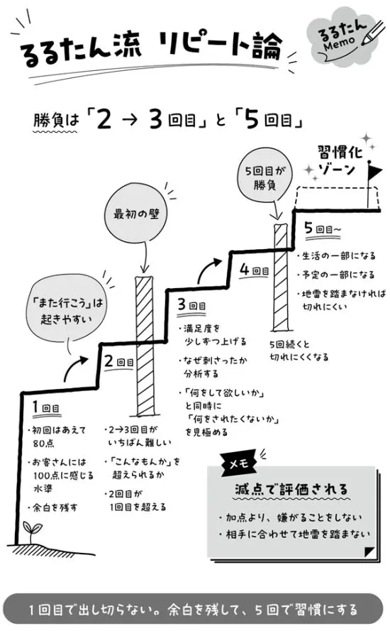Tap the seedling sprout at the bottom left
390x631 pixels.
32,532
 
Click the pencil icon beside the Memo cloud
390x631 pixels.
373,32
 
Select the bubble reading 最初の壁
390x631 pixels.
136,213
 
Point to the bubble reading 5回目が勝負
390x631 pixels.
264,177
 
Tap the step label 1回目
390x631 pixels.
45,407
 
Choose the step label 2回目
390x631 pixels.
118,361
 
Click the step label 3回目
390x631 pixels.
191,305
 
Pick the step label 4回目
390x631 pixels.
254,270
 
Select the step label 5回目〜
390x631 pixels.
323,229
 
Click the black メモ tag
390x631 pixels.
239,463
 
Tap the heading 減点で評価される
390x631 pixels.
291,490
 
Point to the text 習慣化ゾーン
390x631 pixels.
340,160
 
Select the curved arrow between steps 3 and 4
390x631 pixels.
208,270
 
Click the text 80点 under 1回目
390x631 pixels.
43,444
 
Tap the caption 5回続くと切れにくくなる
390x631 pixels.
299,351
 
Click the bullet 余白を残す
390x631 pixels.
55,507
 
